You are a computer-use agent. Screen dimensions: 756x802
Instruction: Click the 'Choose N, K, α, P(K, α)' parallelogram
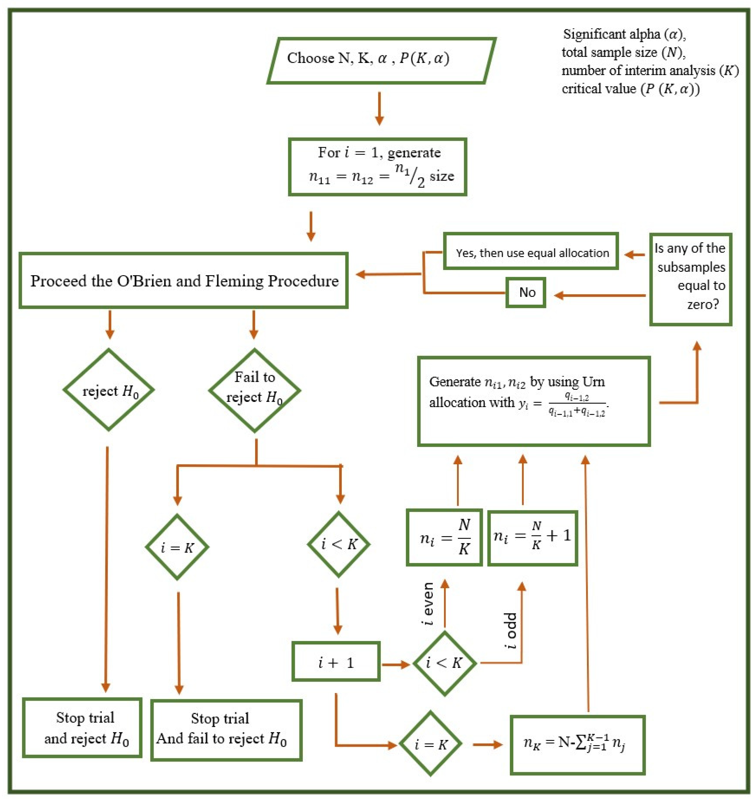tap(381, 61)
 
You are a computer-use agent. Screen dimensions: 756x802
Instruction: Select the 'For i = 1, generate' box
tap(377, 167)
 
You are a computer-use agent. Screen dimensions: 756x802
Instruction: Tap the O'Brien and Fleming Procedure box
tap(184, 280)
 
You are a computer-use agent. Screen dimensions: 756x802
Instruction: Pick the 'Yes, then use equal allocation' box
tap(531, 251)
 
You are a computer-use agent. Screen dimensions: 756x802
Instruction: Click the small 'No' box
tap(526, 293)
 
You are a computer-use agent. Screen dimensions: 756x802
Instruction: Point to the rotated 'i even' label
tap(428, 604)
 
